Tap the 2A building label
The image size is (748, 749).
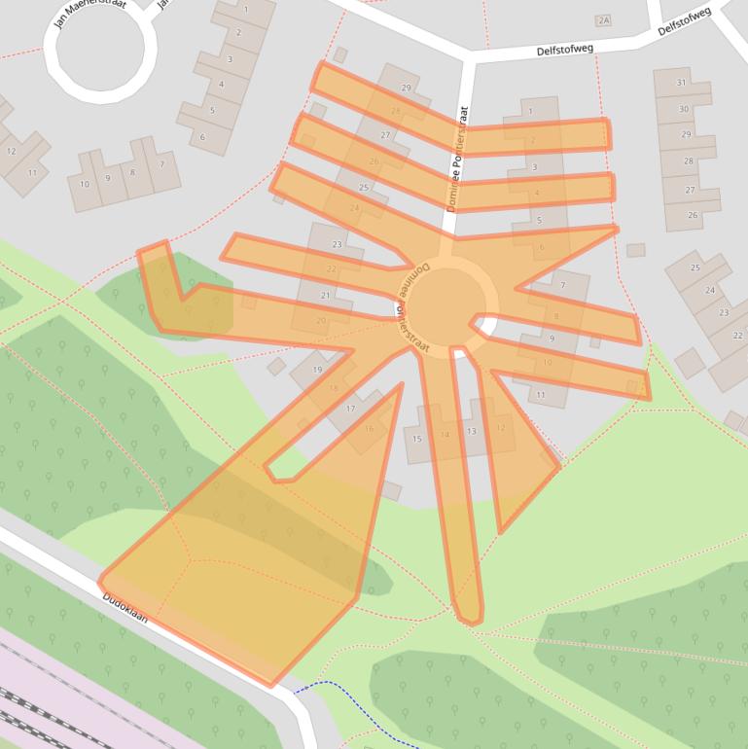604,20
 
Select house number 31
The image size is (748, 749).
682,84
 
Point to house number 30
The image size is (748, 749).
684,109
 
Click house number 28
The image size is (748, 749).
689,161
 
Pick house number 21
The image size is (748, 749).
326,296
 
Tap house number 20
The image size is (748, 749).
321,321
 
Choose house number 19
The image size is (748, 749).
317,370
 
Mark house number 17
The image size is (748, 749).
350,410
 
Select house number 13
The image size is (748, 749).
472,431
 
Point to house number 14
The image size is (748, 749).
445,435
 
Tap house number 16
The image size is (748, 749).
370,429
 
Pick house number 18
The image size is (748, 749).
334,389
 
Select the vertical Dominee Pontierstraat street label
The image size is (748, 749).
457,160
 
